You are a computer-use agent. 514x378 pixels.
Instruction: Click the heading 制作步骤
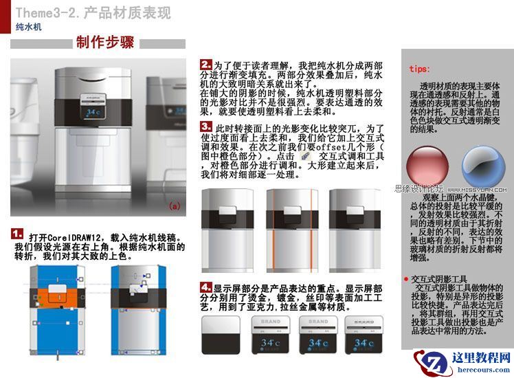[104, 43]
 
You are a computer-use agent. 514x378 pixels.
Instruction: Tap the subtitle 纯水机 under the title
[29, 27]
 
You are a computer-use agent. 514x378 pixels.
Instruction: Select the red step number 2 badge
[206, 64]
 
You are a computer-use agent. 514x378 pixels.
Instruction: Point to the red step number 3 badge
[206, 127]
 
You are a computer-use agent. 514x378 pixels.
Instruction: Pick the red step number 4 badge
[206, 287]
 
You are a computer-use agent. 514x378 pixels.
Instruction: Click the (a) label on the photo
[174, 205]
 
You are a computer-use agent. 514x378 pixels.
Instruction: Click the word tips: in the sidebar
[420, 69]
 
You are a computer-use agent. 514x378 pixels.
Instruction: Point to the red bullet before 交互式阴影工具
[406, 279]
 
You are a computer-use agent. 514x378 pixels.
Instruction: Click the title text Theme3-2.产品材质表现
[93, 12]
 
